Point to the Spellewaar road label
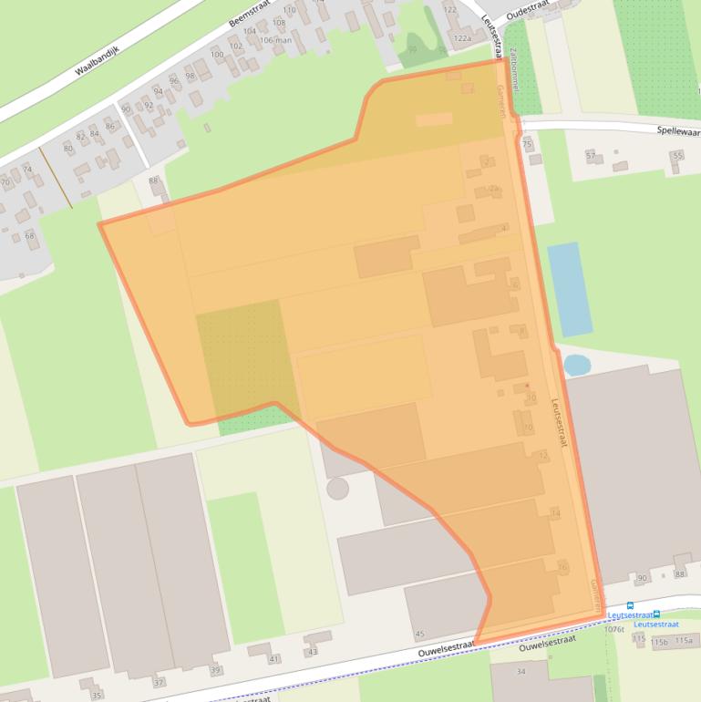(x=678, y=130)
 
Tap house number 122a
(x=462, y=38)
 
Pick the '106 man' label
(x=275, y=40)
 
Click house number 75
(x=527, y=144)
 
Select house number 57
(x=591, y=156)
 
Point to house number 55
(x=676, y=156)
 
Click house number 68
(x=30, y=236)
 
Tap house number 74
(x=27, y=170)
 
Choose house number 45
(x=420, y=634)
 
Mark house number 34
(x=521, y=672)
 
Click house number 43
(x=313, y=651)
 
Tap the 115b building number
(x=659, y=641)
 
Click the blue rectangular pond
(x=569, y=289)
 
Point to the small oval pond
(x=576, y=366)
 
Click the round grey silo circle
(x=337, y=489)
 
